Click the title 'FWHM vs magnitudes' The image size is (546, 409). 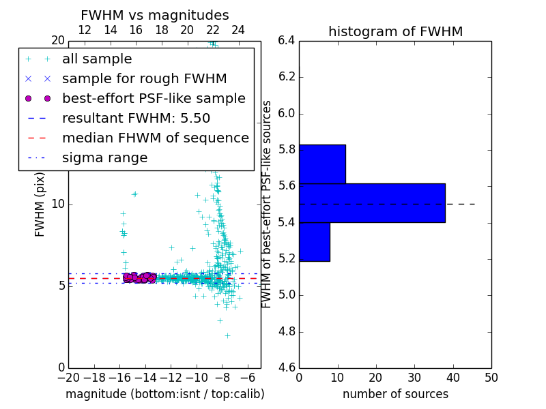[x=154, y=15]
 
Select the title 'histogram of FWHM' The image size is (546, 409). [x=395, y=31]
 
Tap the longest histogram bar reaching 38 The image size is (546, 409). [x=372, y=203]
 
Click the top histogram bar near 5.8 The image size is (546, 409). [x=322, y=164]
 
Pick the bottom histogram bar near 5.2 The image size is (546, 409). [x=315, y=242]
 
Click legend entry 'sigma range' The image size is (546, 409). [x=104, y=158]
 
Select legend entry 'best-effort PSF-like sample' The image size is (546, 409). [x=154, y=98]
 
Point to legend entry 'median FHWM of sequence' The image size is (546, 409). [x=155, y=138]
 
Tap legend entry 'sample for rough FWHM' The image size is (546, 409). [x=144, y=78]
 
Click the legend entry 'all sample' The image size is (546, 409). [x=97, y=59]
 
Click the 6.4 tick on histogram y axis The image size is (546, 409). [x=286, y=40]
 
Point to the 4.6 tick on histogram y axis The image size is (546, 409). [x=286, y=368]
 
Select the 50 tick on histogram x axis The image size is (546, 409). [x=491, y=378]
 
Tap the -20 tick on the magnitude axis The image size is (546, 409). [x=68, y=378]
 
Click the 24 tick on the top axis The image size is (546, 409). [x=238, y=30]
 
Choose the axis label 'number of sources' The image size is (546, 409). [x=395, y=394]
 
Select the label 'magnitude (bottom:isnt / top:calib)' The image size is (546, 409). [x=164, y=394]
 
